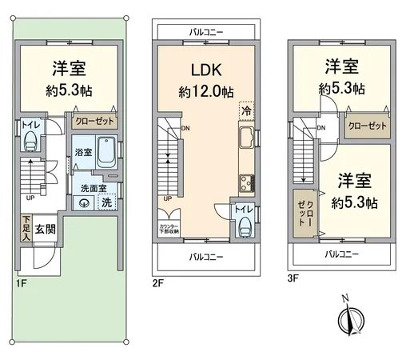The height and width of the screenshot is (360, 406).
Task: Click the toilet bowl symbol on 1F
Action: (30, 141)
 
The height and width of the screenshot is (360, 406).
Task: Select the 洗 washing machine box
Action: (105, 202)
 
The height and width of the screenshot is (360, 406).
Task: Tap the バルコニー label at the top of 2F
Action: (206, 31)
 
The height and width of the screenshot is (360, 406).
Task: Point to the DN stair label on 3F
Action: (320, 127)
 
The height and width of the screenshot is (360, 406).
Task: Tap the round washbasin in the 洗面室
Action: (84, 203)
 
